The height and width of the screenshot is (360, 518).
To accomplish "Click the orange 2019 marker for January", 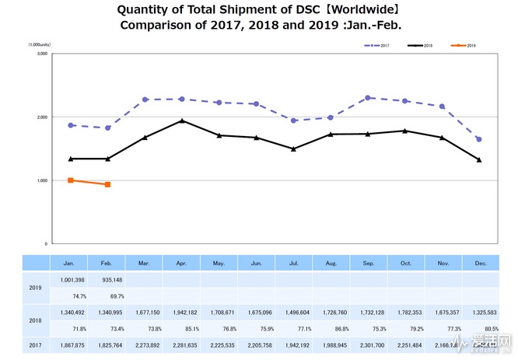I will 71,180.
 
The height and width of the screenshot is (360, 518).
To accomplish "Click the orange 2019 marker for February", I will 107,184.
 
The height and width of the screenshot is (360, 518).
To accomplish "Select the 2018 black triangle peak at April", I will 181,121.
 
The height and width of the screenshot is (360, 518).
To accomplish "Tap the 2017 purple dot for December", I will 478,139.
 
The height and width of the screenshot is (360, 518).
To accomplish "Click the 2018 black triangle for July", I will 293,149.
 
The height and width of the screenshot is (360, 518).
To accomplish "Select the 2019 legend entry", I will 462,46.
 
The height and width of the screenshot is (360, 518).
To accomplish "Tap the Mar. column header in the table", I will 144,264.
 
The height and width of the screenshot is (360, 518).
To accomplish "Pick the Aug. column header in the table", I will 330,264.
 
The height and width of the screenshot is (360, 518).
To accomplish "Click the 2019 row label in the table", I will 33,287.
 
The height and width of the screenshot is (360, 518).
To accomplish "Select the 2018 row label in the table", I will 33,319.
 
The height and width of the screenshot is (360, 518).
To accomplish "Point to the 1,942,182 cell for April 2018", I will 181,311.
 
